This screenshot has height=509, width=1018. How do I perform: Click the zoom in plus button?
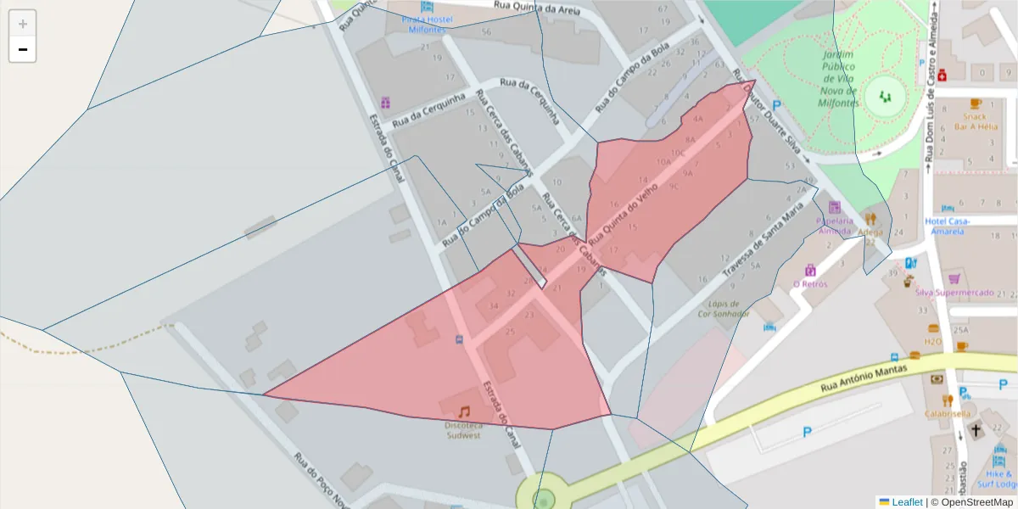[23, 24]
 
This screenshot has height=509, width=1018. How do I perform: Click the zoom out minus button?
[23, 49]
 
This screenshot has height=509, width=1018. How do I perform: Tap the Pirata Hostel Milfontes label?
[427, 25]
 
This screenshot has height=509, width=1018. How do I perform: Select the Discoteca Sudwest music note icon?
[464, 411]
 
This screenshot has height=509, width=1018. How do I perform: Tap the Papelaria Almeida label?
[833, 226]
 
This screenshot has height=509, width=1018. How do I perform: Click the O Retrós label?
[809, 284]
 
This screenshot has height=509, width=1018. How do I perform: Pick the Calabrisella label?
[948, 414]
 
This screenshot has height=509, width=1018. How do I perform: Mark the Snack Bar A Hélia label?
[976, 121]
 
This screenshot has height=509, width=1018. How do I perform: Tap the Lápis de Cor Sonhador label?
[724, 309]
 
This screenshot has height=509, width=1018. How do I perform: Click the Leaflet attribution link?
[906, 502]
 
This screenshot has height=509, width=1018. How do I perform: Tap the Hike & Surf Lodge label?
[999, 479]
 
